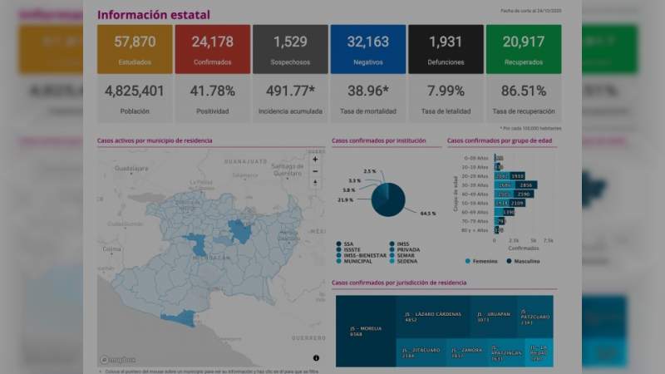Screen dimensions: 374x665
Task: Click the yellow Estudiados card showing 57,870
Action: (x=135, y=49)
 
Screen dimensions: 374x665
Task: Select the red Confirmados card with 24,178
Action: (x=212, y=49)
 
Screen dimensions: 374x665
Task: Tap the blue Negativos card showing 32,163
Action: (x=367, y=49)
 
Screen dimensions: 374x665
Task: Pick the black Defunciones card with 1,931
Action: (x=446, y=49)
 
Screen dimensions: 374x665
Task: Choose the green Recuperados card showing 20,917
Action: (x=523, y=49)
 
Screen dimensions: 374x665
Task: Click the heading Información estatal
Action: (x=154, y=15)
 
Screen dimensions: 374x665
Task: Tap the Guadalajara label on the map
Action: (x=131, y=168)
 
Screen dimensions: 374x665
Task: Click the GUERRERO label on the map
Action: (x=307, y=337)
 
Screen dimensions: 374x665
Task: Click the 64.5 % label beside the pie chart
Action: (x=428, y=214)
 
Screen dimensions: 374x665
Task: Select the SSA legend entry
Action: (x=345, y=244)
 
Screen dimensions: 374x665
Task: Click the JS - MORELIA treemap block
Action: (x=364, y=330)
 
